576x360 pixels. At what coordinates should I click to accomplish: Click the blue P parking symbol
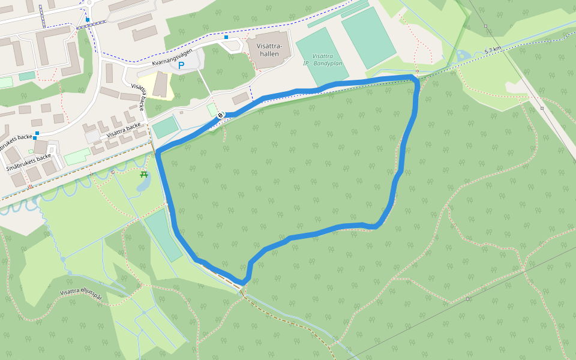click(181, 66)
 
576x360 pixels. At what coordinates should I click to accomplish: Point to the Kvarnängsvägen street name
click(172, 56)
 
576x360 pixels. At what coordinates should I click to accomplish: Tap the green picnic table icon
click(144, 175)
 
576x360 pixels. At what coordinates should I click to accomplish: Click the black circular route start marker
click(221, 115)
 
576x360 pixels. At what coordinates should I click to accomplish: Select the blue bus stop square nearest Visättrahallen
click(226, 37)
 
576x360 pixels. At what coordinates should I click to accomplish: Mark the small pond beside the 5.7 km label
click(463, 56)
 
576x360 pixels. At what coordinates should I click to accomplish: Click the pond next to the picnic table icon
click(143, 185)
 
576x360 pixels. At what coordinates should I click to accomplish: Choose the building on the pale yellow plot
click(161, 85)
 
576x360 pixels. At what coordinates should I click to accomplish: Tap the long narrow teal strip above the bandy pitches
click(338, 13)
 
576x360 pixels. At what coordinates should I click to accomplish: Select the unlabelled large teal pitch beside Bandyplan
click(368, 37)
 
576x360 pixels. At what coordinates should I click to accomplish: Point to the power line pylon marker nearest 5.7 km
click(542, 109)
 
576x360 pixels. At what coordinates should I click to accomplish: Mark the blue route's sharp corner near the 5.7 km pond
click(414, 78)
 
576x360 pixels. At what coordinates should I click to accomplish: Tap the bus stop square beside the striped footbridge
click(88, 20)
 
